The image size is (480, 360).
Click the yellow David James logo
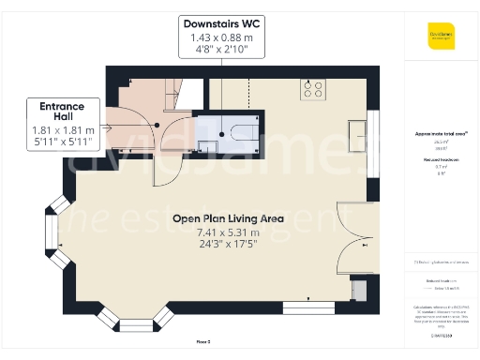click(441, 38)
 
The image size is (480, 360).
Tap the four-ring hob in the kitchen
click(313, 89)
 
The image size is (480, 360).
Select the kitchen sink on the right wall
click(357, 128)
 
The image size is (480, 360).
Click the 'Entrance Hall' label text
click(63, 112)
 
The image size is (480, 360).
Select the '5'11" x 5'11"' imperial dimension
click(63, 143)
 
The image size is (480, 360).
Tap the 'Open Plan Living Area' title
click(227, 218)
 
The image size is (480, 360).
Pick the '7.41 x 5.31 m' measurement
click(227, 232)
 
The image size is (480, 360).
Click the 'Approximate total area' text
click(441, 134)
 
